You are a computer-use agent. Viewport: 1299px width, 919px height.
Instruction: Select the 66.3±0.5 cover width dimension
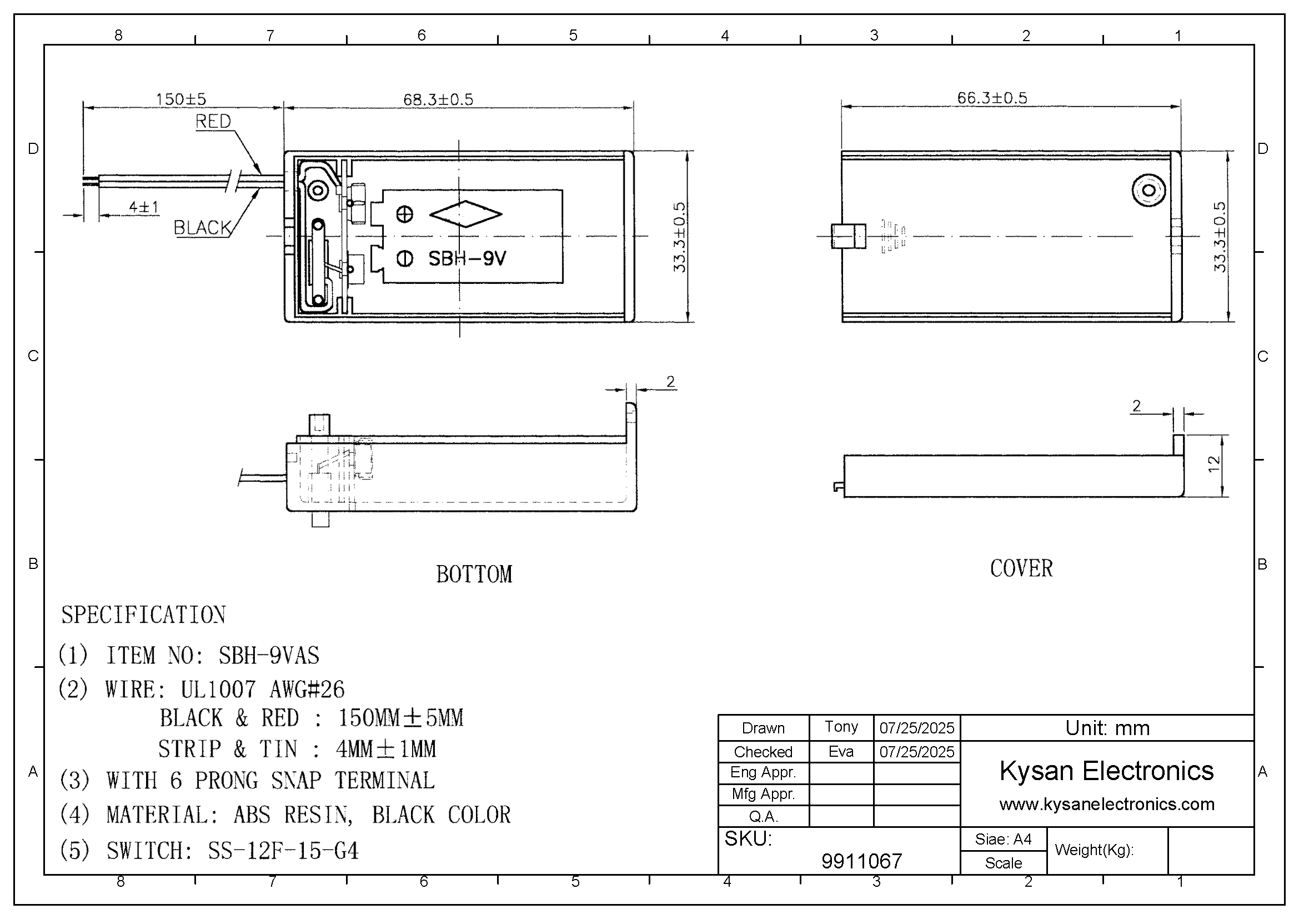click(x=992, y=98)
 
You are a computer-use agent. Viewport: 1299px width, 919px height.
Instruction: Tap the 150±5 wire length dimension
click(x=181, y=99)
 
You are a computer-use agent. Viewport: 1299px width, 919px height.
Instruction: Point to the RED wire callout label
click(x=213, y=121)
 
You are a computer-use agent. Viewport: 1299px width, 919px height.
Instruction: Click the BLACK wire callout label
click(x=202, y=227)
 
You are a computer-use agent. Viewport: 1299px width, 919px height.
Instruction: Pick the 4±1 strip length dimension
click(x=144, y=207)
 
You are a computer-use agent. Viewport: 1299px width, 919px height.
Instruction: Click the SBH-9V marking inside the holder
click(x=467, y=258)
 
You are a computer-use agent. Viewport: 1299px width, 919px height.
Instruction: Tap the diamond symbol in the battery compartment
click(x=465, y=214)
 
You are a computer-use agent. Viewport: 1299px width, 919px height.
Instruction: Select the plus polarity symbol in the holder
click(x=404, y=214)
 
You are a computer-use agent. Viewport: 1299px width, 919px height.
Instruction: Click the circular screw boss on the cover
click(x=1148, y=190)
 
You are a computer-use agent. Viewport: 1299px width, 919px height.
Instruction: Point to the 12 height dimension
click(x=1213, y=464)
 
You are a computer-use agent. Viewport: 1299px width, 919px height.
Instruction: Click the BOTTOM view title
click(x=474, y=575)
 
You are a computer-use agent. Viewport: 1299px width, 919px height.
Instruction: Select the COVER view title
click(x=1021, y=569)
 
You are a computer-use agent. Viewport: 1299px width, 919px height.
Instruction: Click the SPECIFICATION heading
click(x=143, y=615)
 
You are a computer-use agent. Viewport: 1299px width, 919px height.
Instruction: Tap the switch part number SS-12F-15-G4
click(x=283, y=851)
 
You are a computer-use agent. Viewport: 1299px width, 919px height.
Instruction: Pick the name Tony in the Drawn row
click(x=841, y=727)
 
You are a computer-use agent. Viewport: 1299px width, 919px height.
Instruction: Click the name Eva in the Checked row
click(x=841, y=752)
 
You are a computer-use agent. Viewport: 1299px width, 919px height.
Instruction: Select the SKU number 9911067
click(x=861, y=861)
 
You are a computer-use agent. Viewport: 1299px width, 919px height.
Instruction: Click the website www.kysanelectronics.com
click(x=1107, y=804)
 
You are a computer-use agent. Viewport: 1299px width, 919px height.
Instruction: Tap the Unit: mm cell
click(x=1107, y=728)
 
